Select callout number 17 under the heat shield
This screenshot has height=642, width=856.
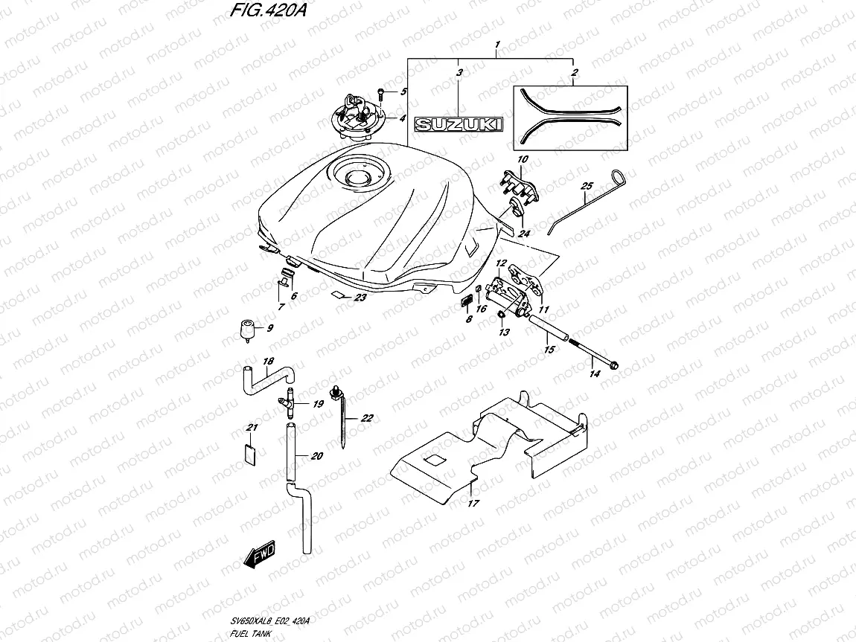point(473,504)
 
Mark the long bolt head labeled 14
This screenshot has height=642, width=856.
point(615,365)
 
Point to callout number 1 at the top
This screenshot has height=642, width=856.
point(497,45)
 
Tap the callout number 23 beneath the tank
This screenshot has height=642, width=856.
point(360,298)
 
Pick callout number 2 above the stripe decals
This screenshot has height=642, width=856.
point(574,72)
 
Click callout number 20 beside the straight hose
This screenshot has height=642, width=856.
point(316,456)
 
